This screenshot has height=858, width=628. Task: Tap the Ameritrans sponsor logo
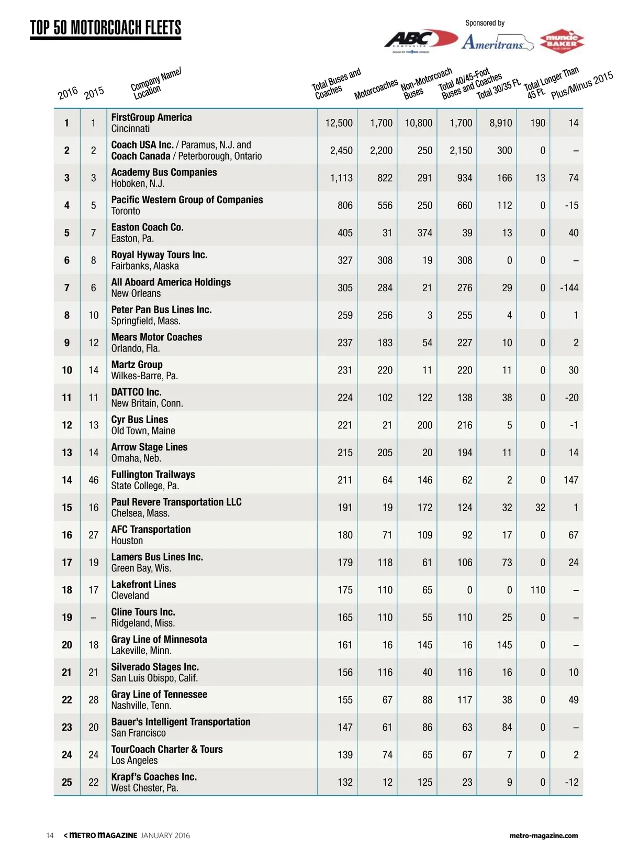(x=497, y=42)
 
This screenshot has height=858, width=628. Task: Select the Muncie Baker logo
(x=562, y=41)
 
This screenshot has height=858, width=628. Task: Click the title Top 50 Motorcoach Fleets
(x=106, y=28)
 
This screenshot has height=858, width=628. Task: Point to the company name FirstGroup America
(x=151, y=117)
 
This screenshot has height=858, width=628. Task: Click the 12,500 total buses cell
(x=339, y=123)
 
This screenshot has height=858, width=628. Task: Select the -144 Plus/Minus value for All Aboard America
(x=569, y=288)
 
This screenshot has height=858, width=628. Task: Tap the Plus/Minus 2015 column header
(x=582, y=85)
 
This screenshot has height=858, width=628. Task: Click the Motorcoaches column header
(x=376, y=89)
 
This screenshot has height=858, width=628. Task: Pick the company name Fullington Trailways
(x=153, y=475)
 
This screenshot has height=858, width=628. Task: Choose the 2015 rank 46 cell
(x=93, y=480)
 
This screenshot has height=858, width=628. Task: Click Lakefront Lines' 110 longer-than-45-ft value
(x=537, y=590)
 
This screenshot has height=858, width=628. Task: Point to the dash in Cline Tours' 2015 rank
(x=93, y=618)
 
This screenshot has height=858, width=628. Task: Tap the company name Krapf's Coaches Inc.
(x=154, y=777)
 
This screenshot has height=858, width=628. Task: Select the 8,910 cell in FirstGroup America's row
(x=500, y=123)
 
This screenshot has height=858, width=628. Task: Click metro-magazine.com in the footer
(x=543, y=835)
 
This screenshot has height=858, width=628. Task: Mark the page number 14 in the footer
(x=50, y=835)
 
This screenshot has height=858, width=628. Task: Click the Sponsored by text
(x=485, y=23)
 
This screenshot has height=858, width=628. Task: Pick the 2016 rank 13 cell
(x=67, y=453)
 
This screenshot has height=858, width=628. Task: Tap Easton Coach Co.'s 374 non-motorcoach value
(x=424, y=233)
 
